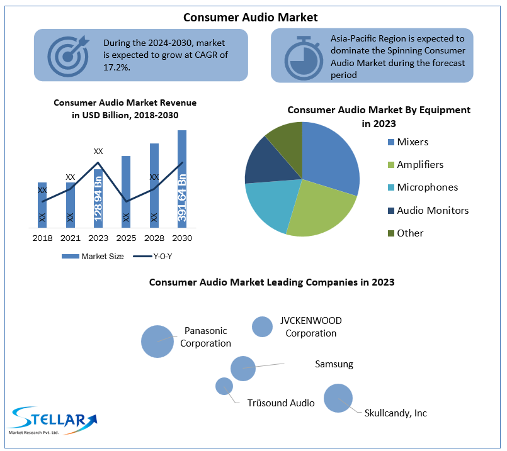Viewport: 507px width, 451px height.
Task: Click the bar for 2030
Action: coord(182,179)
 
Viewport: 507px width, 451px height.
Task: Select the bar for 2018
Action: coord(42,205)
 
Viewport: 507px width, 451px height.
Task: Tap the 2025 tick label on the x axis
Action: coord(126,238)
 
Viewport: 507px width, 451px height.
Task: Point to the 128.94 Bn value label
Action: coord(98,199)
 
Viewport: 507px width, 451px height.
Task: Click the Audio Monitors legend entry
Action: coord(428,211)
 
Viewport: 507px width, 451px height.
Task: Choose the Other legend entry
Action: coord(406,233)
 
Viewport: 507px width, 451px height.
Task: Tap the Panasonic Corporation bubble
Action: coord(157,342)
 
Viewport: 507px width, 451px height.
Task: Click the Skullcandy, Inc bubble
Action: coord(338,398)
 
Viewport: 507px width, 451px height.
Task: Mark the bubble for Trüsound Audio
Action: coord(224,386)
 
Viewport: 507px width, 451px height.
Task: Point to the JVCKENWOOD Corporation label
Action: coord(310,326)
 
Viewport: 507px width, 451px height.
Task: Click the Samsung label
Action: coord(334,364)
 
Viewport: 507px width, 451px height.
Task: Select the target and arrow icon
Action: coord(68,55)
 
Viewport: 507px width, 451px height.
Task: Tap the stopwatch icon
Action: coord(304,58)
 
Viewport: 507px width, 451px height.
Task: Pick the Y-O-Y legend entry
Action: coord(152,257)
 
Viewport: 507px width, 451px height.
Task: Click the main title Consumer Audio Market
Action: coord(251,18)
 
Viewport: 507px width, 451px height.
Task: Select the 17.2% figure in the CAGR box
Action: coord(117,67)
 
